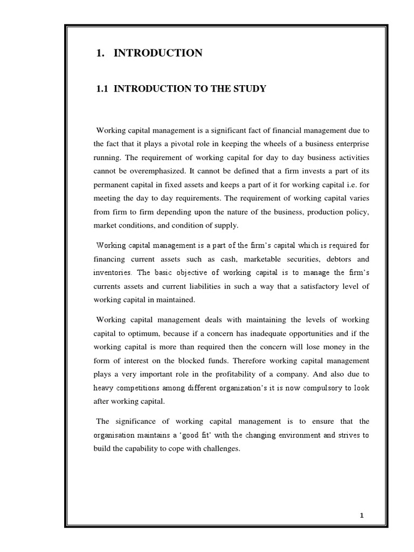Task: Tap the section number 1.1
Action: [x=102, y=88]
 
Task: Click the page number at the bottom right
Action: [x=362, y=516]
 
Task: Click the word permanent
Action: [x=111, y=183]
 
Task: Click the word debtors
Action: [x=333, y=259]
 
